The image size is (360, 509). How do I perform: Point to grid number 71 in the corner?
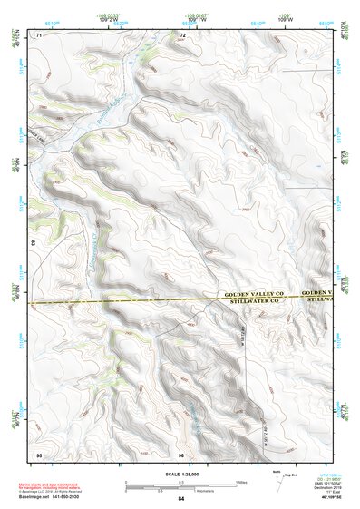tap(39, 34)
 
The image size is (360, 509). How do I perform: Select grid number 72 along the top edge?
tap(183, 34)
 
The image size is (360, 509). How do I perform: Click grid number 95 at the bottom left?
tap(39, 453)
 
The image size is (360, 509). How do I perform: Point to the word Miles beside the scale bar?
tap(242, 480)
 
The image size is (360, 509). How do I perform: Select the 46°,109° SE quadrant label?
tap(332, 497)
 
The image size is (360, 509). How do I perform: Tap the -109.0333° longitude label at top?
tap(109, 15)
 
